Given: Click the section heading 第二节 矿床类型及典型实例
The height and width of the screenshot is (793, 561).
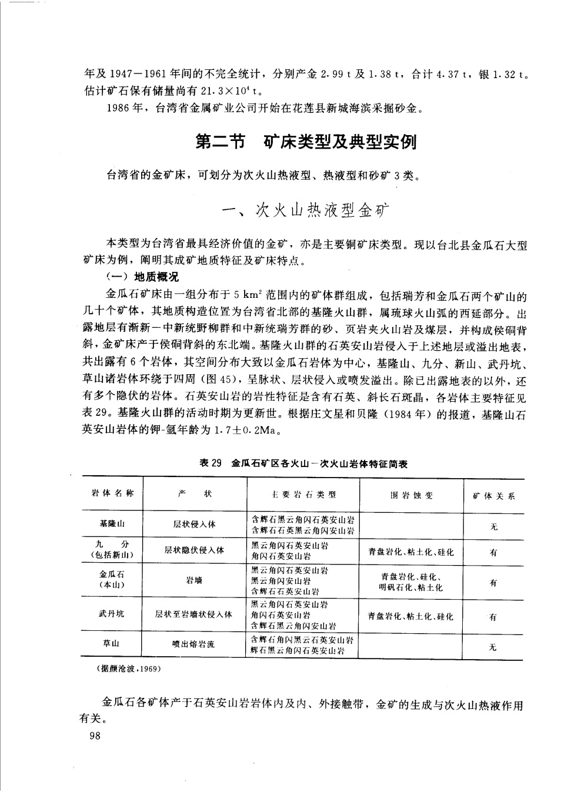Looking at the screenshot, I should click(306, 142).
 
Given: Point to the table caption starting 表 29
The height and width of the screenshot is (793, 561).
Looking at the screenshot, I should click(303, 463).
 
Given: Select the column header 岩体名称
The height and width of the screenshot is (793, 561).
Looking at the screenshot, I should click(112, 493).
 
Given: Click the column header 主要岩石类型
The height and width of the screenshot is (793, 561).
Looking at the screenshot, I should click(303, 495).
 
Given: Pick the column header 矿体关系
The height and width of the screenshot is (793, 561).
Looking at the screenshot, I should click(494, 496).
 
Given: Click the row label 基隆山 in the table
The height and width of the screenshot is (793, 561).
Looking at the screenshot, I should click(112, 523).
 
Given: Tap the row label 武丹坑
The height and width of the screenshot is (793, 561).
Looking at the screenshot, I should click(112, 614).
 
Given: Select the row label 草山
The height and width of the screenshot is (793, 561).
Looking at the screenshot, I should click(112, 643).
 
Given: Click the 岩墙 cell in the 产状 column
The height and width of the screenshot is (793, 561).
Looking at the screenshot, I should click(194, 580).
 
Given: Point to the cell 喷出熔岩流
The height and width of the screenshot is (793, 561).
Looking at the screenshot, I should click(194, 644).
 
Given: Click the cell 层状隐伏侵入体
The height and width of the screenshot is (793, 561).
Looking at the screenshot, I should click(194, 550).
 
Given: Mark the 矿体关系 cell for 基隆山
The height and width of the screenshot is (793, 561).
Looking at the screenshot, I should click(494, 526).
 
